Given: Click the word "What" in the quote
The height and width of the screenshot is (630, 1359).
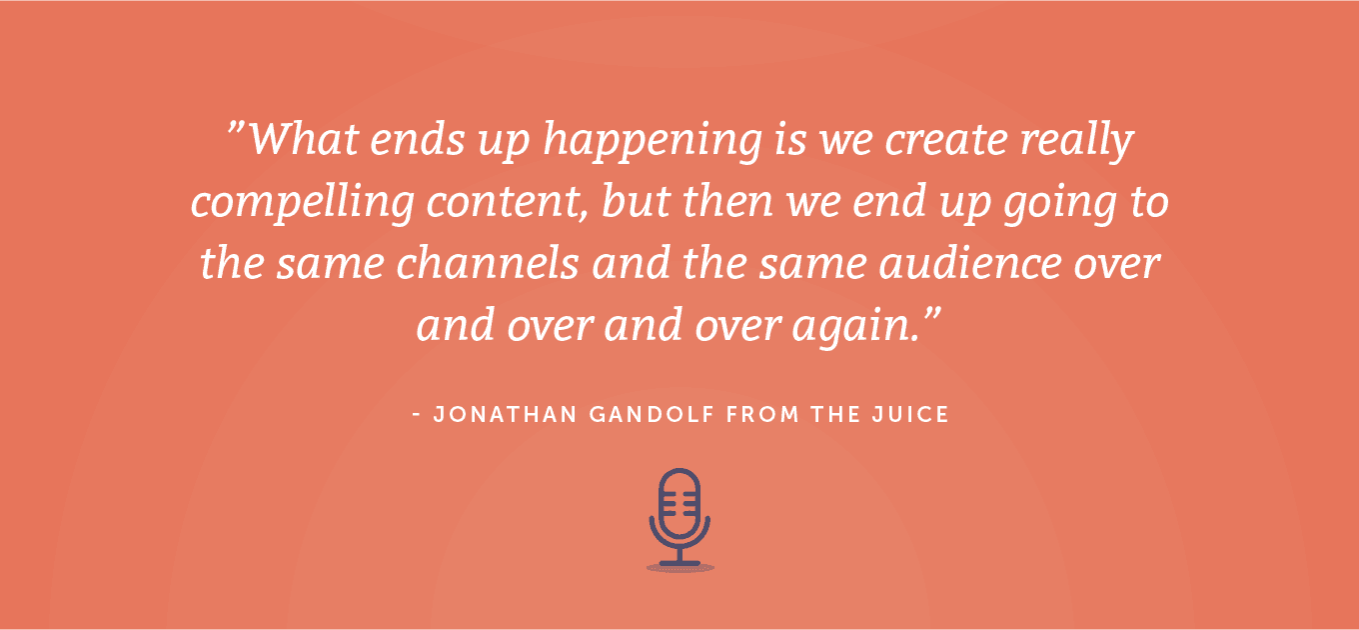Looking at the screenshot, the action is click(x=305, y=138).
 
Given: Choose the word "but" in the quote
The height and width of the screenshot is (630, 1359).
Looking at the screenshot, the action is click(x=636, y=200).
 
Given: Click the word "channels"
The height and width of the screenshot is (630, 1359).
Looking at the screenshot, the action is click(x=488, y=262).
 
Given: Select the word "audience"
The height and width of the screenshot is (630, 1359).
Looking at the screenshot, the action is click(x=970, y=262).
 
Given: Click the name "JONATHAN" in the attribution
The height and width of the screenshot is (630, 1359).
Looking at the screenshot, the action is click(x=505, y=415).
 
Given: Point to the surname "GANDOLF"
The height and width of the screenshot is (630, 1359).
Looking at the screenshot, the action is click(x=652, y=415).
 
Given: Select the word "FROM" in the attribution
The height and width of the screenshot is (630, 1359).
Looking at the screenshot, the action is click(x=763, y=415).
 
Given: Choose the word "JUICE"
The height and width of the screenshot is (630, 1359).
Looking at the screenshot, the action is click(x=910, y=415).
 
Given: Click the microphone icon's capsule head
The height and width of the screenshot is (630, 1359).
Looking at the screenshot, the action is click(x=679, y=503).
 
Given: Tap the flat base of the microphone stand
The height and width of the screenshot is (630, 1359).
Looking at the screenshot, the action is click(x=679, y=564).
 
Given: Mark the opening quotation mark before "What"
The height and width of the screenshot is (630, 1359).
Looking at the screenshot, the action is click(x=236, y=129).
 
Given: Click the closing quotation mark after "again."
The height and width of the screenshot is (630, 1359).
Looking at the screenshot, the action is click(x=932, y=315).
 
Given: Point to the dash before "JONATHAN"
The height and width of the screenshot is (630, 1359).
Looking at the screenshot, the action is click(x=417, y=415).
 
